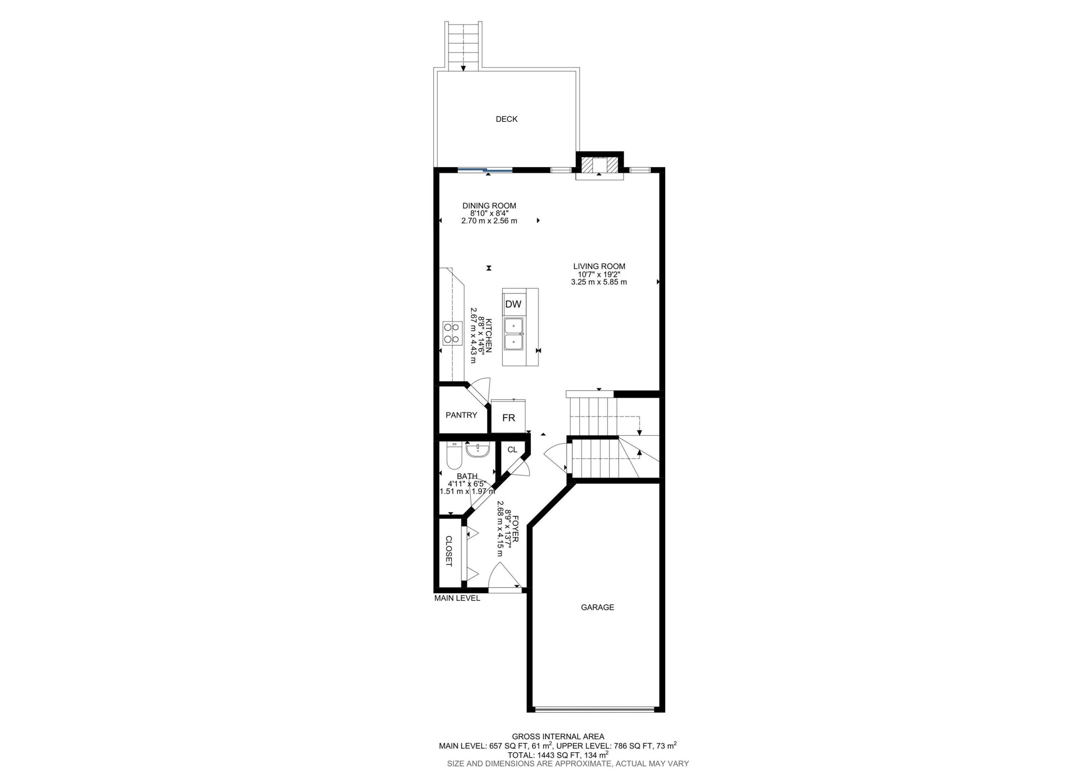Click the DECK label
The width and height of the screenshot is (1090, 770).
coord(506,119)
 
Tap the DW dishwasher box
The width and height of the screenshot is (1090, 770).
coord(513,304)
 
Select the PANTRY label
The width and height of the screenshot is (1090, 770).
coord(461,415)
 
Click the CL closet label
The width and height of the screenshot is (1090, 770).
coord(512,449)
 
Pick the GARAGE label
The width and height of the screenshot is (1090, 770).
coord(597,607)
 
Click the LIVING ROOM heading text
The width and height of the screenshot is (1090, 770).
coord(599,266)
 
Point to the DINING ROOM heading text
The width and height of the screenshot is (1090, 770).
coord(489,206)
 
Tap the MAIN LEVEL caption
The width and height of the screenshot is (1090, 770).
coord(457,598)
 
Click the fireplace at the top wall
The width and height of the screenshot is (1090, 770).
coord(599,165)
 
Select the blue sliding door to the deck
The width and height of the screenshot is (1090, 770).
coord(485,169)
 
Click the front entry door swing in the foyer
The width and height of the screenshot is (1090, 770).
coord(505,577)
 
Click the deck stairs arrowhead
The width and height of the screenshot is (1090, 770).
coord(463,68)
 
